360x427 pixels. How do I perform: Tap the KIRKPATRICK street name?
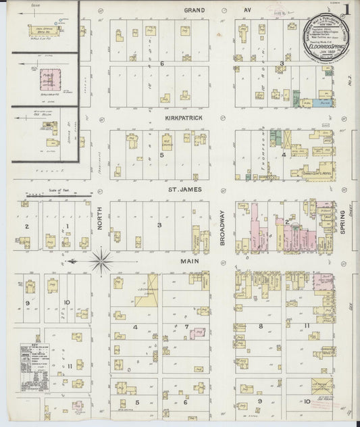pyautogui.click(x=185, y=117)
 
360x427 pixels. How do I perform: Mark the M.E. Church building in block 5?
pyautogui.click(x=167, y=143)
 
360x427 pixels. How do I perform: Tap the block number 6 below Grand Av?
pyautogui.click(x=162, y=64)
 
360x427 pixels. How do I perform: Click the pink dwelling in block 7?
pyautogui.click(x=198, y=332)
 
